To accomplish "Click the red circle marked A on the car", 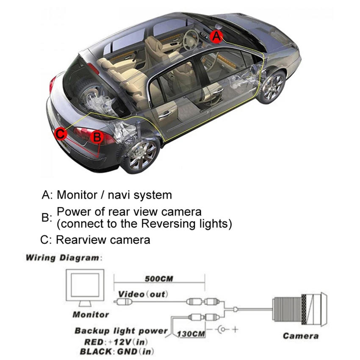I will coord(216,37).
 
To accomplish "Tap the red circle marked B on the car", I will coord(97,137).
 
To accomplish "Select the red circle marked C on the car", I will coord(61,134).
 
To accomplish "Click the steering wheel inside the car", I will coord(192,37).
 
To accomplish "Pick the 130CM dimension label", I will coord(192,334).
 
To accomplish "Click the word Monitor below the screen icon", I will coord(91,315).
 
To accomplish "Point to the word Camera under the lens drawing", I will coord(301,336).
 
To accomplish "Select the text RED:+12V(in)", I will coord(115,342).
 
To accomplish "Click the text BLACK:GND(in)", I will coord(116,352).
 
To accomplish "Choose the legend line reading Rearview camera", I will coord(96,240).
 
